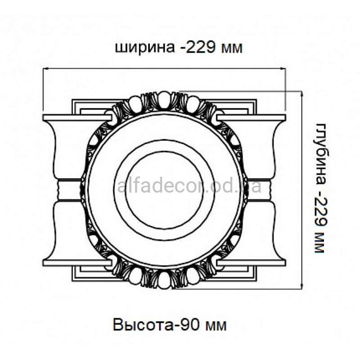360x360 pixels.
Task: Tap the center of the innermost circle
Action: coord(164,190)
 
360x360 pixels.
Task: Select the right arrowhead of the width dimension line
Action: coord(283,68)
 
